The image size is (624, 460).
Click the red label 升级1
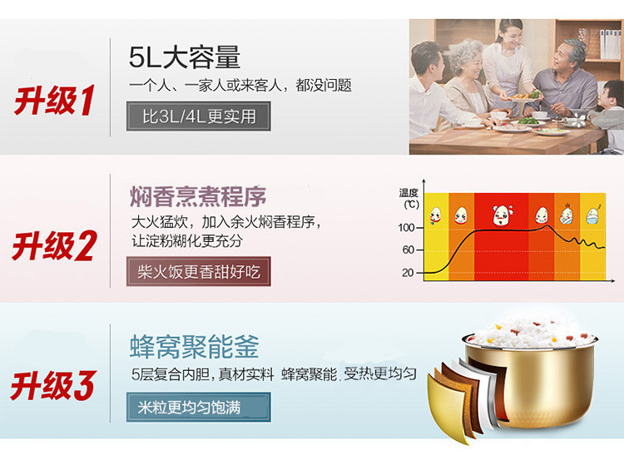[x=54, y=101]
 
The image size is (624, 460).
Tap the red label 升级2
[x=54, y=246]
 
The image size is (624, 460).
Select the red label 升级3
[x=53, y=385]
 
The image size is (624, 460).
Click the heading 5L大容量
[x=184, y=57]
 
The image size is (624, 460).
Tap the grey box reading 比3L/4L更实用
[x=199, y=116]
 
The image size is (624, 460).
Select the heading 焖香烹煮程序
[x=198, y=196]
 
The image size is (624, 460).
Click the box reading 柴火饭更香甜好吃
[x=199, y=271]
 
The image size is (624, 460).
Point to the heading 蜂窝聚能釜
[x=194, y=346]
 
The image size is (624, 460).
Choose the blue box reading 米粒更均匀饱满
[x=199, y=407]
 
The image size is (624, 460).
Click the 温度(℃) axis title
[x=409, y=198]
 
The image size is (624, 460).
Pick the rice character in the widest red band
[x=503, y=215]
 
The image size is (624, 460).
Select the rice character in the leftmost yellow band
[x=435, y=216]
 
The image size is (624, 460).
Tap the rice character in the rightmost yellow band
[x=593, y=215]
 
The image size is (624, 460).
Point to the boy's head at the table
[x=612, y=95]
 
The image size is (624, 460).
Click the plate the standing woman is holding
[x=522, y=96]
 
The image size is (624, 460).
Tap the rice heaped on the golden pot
[x=532, y=333]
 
